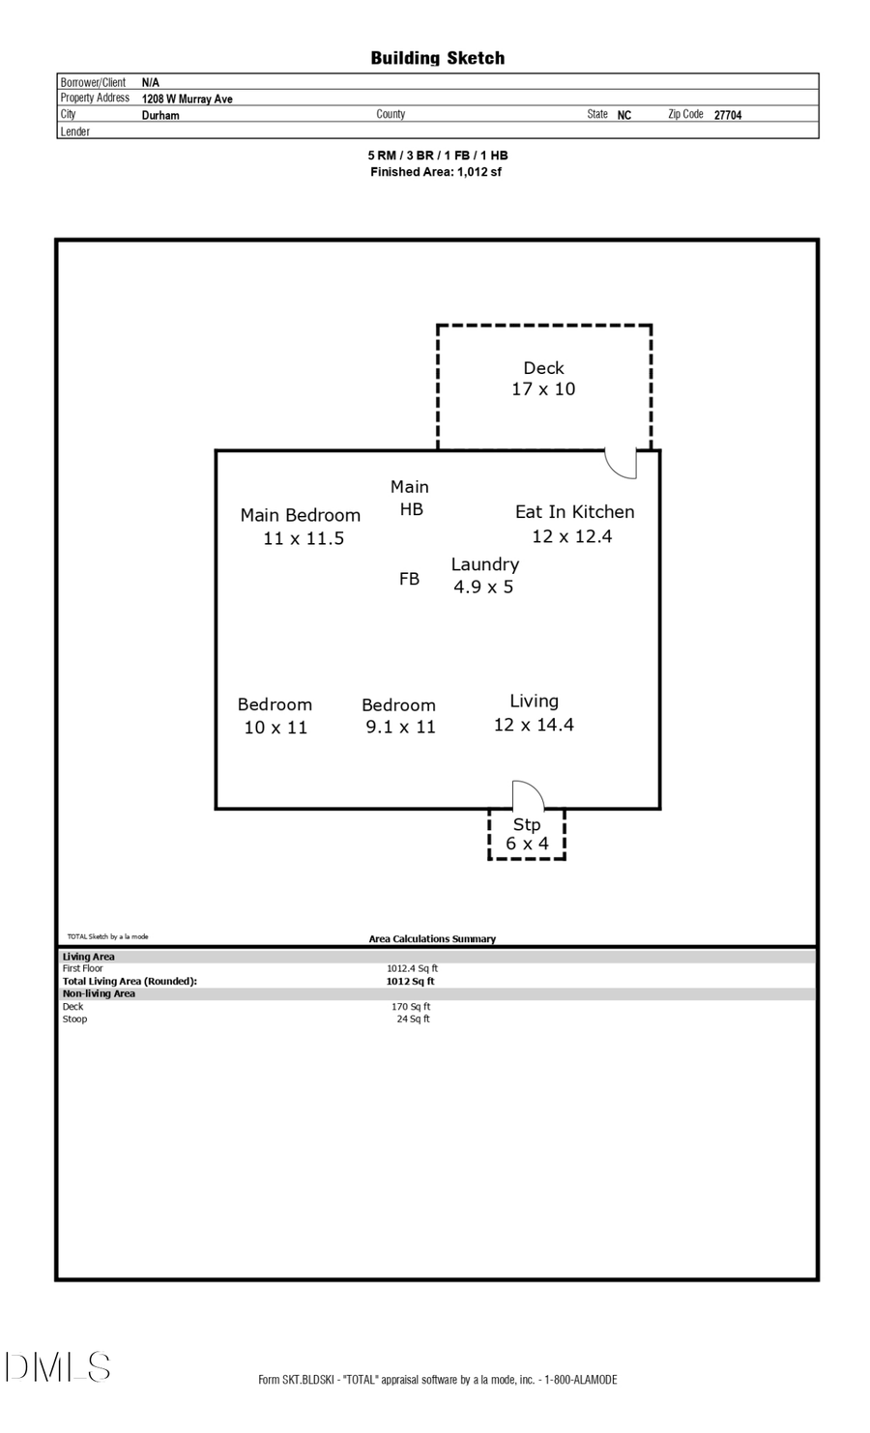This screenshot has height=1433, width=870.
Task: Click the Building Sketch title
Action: click(437, 58)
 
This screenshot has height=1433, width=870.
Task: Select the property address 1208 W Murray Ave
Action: click(187, 99)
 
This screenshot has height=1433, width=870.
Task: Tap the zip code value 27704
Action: click(727, 115)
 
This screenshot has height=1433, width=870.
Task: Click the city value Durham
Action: click(160, 115)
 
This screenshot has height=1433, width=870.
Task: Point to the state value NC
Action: click(623, 115)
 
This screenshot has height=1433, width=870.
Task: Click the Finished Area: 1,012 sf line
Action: click(436, 172)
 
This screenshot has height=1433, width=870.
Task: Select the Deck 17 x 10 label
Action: click(543, 379)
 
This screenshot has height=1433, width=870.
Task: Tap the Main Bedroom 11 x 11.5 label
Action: click(301, 527)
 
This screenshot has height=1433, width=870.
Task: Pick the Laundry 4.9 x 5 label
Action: click(484, 575)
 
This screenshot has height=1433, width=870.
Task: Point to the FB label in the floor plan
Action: click(409, 579)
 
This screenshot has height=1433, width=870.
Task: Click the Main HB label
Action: click(410, 498)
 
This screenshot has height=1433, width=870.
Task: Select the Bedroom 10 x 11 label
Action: click(275, 716)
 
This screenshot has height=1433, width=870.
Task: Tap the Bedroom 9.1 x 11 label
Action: click(399, 716)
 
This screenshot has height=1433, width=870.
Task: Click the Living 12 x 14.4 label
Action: click(534, 713)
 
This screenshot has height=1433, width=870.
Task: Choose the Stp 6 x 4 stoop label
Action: click(527, 834)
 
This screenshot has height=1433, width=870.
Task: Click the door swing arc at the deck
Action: click(621, 464)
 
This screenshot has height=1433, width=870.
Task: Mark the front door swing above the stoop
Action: click(528, 794)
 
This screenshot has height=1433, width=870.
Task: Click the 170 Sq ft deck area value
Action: click(411, 1007)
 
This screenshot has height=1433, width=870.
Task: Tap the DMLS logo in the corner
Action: click(58, 1367)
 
